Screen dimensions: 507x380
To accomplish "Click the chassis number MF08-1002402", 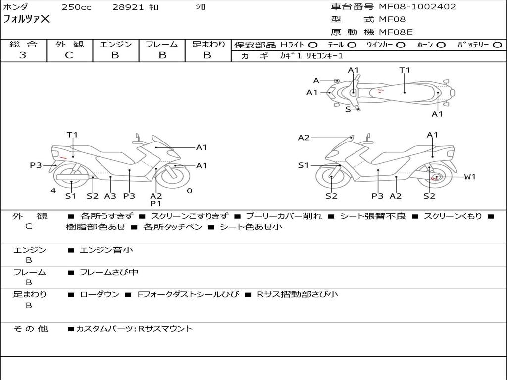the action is (417, 7).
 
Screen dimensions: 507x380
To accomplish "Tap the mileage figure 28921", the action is (127, 7).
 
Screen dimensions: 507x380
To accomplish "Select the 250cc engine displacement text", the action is (76, 7).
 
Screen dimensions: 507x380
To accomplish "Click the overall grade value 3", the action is (23, 55).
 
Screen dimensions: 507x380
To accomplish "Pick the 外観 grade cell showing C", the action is (69, 55).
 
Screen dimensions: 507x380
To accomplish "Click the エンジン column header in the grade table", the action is (115, 45).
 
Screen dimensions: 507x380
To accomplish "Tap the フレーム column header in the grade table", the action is (162, 45).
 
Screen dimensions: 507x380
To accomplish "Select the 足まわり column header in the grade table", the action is (208, 45).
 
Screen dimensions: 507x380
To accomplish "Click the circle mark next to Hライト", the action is (313, 45).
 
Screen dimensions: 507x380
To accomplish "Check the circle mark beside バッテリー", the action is (498, 45).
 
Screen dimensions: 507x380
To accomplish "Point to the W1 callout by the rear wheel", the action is (470, 177).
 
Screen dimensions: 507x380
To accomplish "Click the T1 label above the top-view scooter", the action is (405, 70).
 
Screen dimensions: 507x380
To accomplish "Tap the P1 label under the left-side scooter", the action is (156, 203).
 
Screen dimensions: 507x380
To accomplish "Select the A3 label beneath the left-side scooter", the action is (110, 196).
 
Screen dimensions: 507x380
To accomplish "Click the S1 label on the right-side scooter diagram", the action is (304, 165).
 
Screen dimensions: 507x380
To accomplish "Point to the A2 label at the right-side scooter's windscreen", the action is (304, 138).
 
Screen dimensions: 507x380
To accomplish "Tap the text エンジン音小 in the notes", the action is (106, 250).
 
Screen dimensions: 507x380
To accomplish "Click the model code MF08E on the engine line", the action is (396, 33).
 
